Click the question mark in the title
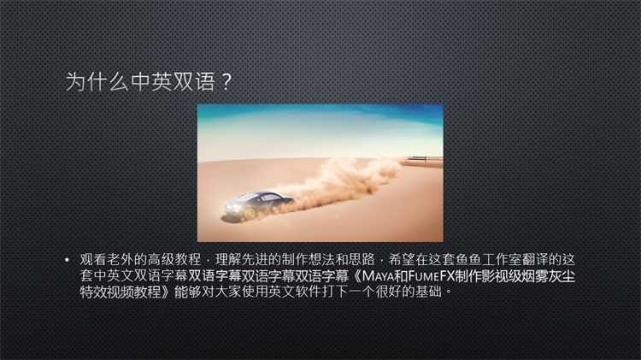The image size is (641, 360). click(x=226, y=82)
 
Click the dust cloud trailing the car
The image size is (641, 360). click(x=344, y=180)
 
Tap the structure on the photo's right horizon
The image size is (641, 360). click(x=423, y=159)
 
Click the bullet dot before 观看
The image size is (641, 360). click(x=67, y=260)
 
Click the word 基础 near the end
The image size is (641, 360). click(x=428, y=292)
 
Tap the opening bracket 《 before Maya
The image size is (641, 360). click(x=356, y=276)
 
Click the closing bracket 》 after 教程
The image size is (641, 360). click(x=167, y=292)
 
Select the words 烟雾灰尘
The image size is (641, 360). click(x=548, y=276)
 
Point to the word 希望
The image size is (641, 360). click(x=402, y=260)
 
